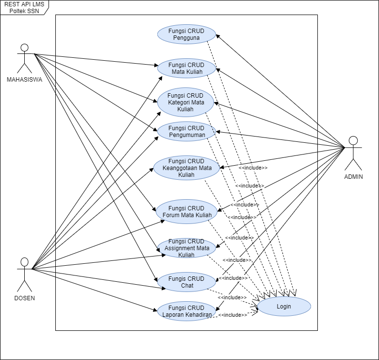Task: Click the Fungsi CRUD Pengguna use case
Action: tap(186, 34)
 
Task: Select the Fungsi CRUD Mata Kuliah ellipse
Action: tap(186, 69)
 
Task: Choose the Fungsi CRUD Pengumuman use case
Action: tap(186, 132)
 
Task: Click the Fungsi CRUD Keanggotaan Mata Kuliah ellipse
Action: tap(186, 168)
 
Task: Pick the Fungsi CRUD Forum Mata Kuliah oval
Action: tap(186, 211)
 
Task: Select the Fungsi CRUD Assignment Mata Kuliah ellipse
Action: tap(186, 248)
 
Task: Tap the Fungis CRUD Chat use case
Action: tap(186, 282)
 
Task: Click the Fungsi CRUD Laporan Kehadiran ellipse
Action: tap(186, 311)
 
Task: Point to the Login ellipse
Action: tap(284, 307)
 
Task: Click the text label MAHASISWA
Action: tap(24, 80)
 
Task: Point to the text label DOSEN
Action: tap(24, 298)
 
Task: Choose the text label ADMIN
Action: tap(353, 176)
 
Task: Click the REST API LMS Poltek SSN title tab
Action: tap(24, 7)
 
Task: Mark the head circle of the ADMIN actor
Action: tap(353, 141)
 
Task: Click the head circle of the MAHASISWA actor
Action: tap(24, 48)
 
